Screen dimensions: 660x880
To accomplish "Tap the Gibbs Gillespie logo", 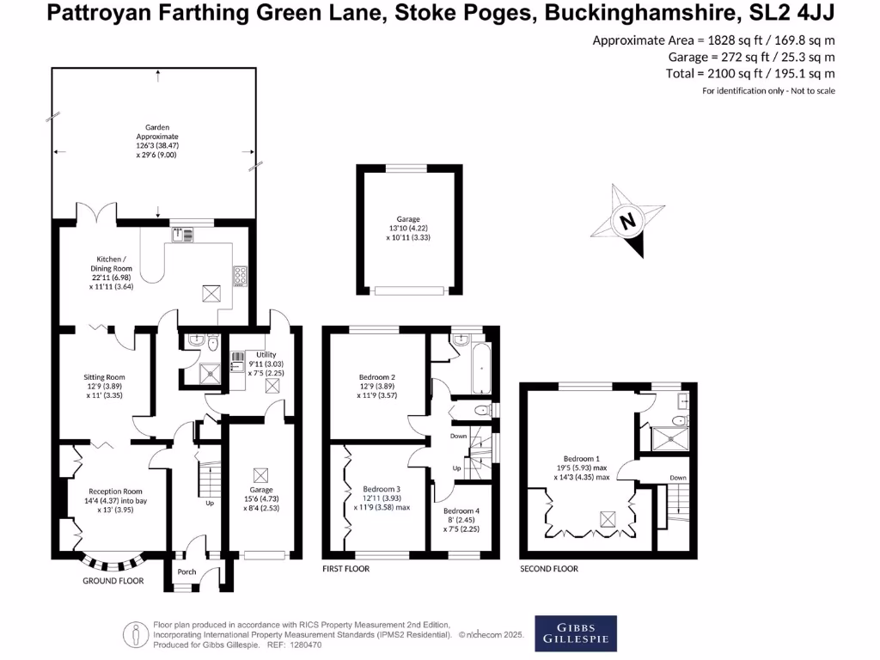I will [x=575, y=631].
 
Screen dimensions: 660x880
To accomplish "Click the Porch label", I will [x=186, y=571].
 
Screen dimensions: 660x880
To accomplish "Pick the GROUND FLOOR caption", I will [x=113, y=581].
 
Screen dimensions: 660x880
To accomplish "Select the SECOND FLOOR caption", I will [x=548, y=569].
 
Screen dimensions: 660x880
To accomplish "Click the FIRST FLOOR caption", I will [x=345, y=569].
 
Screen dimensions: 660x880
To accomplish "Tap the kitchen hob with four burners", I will [x=241, y=276].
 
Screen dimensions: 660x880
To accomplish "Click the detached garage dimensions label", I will [x=408, y=228].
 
